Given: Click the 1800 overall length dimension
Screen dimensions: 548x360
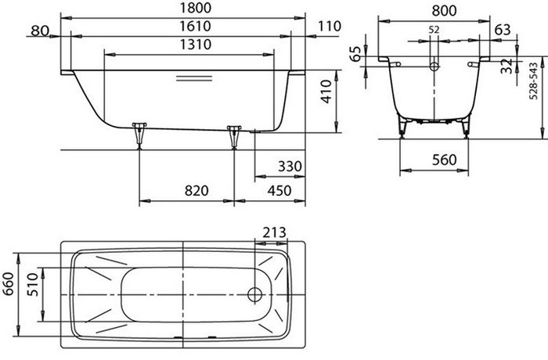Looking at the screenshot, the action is [196, 8].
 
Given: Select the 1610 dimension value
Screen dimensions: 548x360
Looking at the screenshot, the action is [196, 26].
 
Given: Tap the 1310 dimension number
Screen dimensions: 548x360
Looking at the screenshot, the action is [196, 45].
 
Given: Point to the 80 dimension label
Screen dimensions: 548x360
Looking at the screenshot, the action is [40, 31].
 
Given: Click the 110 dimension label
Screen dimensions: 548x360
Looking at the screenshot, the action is [330, 26].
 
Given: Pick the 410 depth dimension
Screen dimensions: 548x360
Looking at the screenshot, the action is [326, 92].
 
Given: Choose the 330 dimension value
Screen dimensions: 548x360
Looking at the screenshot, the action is [290, 167].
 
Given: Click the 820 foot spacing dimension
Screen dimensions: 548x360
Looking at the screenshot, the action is [196, 190].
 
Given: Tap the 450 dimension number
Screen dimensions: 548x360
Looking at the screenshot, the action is [279, 190].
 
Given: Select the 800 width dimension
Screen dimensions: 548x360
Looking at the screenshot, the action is [444, 11].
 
